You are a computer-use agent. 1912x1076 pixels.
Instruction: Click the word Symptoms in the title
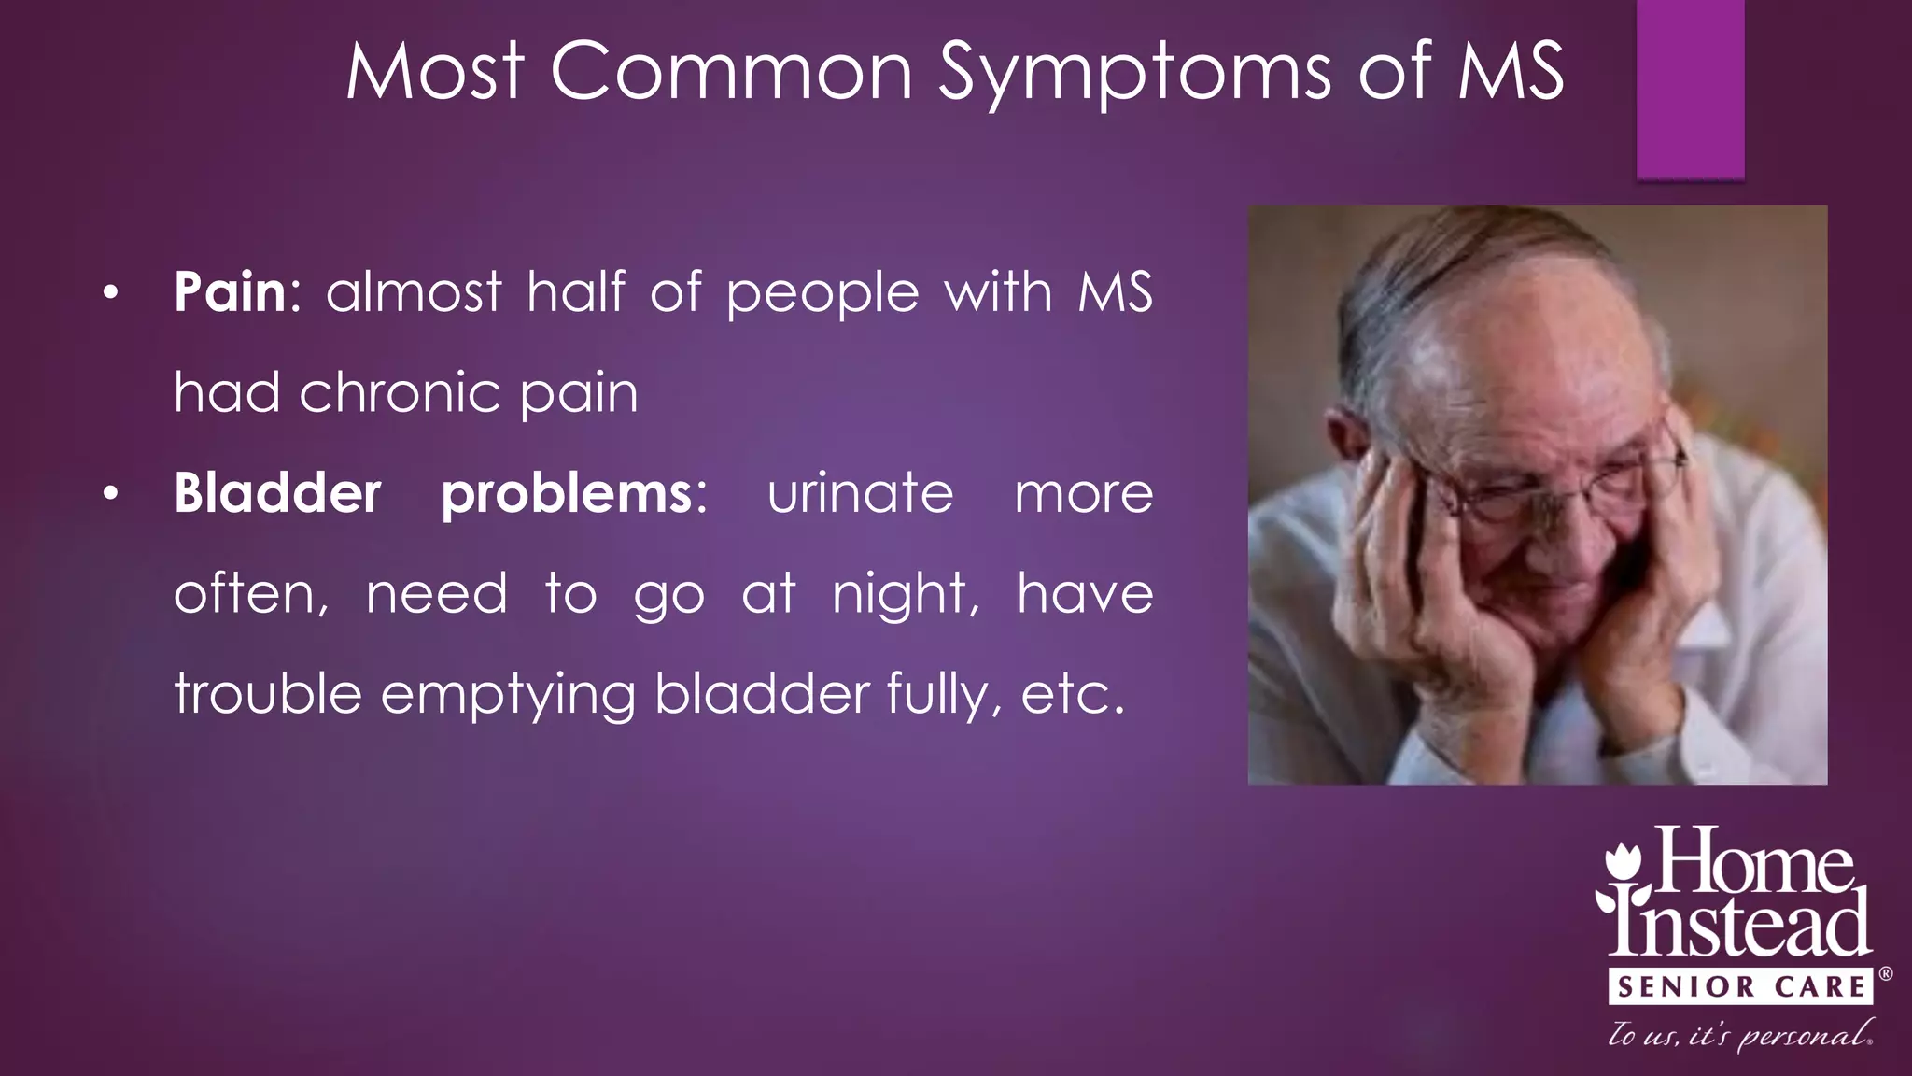(1134, 73)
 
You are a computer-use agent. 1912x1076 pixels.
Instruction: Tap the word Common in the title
(731, 73)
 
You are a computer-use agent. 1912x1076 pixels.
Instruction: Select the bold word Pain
(230, 292)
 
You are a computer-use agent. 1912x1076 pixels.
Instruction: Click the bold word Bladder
(277, 493)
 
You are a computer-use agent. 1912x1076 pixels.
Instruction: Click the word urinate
(860, 493)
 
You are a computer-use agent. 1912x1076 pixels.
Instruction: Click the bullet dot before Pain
(111, 294)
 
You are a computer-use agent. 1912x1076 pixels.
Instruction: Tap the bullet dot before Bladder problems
(111, 494)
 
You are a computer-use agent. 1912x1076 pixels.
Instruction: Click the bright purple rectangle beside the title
(1690, 89)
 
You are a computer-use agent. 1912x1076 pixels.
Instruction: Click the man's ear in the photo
(1344, 439)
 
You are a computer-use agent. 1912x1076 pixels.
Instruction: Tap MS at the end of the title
(1511, 73)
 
